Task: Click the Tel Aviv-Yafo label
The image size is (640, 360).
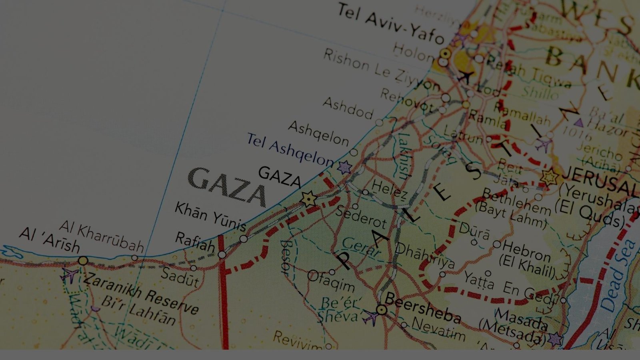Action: [x=390, y=23]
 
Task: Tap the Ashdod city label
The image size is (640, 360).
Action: [x=348, y=108]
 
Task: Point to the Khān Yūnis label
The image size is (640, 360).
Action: [x=210, y=216]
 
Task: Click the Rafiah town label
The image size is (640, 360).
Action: [x=195, y=242]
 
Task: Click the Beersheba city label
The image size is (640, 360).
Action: [x=422, y=309]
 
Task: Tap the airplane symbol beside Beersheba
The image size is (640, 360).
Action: [x=371, y=317]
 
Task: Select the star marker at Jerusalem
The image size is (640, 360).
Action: [x=550, y=177]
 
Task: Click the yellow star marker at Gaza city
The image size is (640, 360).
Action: [x=309, y=199]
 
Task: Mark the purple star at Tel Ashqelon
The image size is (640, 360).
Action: [x=344, y=167]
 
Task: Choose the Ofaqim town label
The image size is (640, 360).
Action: [x=331, y=281]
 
